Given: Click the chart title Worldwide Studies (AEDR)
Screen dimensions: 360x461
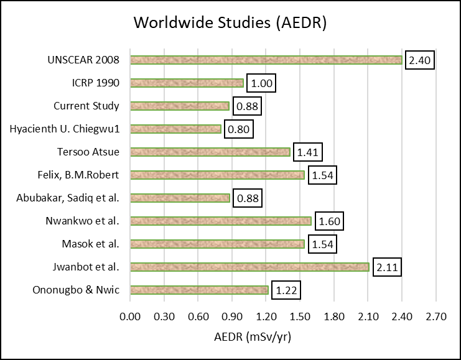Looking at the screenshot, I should [x=230, y=24].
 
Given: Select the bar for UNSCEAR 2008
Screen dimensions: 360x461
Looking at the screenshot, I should [x=266, y=60].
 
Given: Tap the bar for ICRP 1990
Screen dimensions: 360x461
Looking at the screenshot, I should [x=187, y=83].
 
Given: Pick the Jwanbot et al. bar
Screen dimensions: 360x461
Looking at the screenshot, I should [x=249, y=267].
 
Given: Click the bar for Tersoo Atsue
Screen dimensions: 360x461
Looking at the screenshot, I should [x=210, y=152].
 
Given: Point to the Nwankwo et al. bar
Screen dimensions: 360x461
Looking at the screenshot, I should [x=221, y=221].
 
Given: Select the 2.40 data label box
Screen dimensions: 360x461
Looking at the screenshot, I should [x=419, y=60].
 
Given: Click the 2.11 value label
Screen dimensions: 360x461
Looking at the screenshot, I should [x=386, y=267].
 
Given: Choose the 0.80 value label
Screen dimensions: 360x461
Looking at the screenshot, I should [x=239, y=129].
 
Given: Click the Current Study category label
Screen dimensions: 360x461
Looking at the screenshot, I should [x=86, y=106].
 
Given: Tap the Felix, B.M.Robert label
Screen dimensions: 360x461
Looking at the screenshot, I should [x=80, y=175].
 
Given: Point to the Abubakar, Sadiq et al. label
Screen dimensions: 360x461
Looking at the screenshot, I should [x=69, y=198].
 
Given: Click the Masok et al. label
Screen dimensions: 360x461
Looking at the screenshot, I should [x=91, y=244].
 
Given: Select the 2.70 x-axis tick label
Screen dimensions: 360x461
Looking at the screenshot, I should [x=435, y=316].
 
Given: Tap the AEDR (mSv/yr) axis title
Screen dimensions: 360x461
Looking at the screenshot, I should [x=253, y=338].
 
